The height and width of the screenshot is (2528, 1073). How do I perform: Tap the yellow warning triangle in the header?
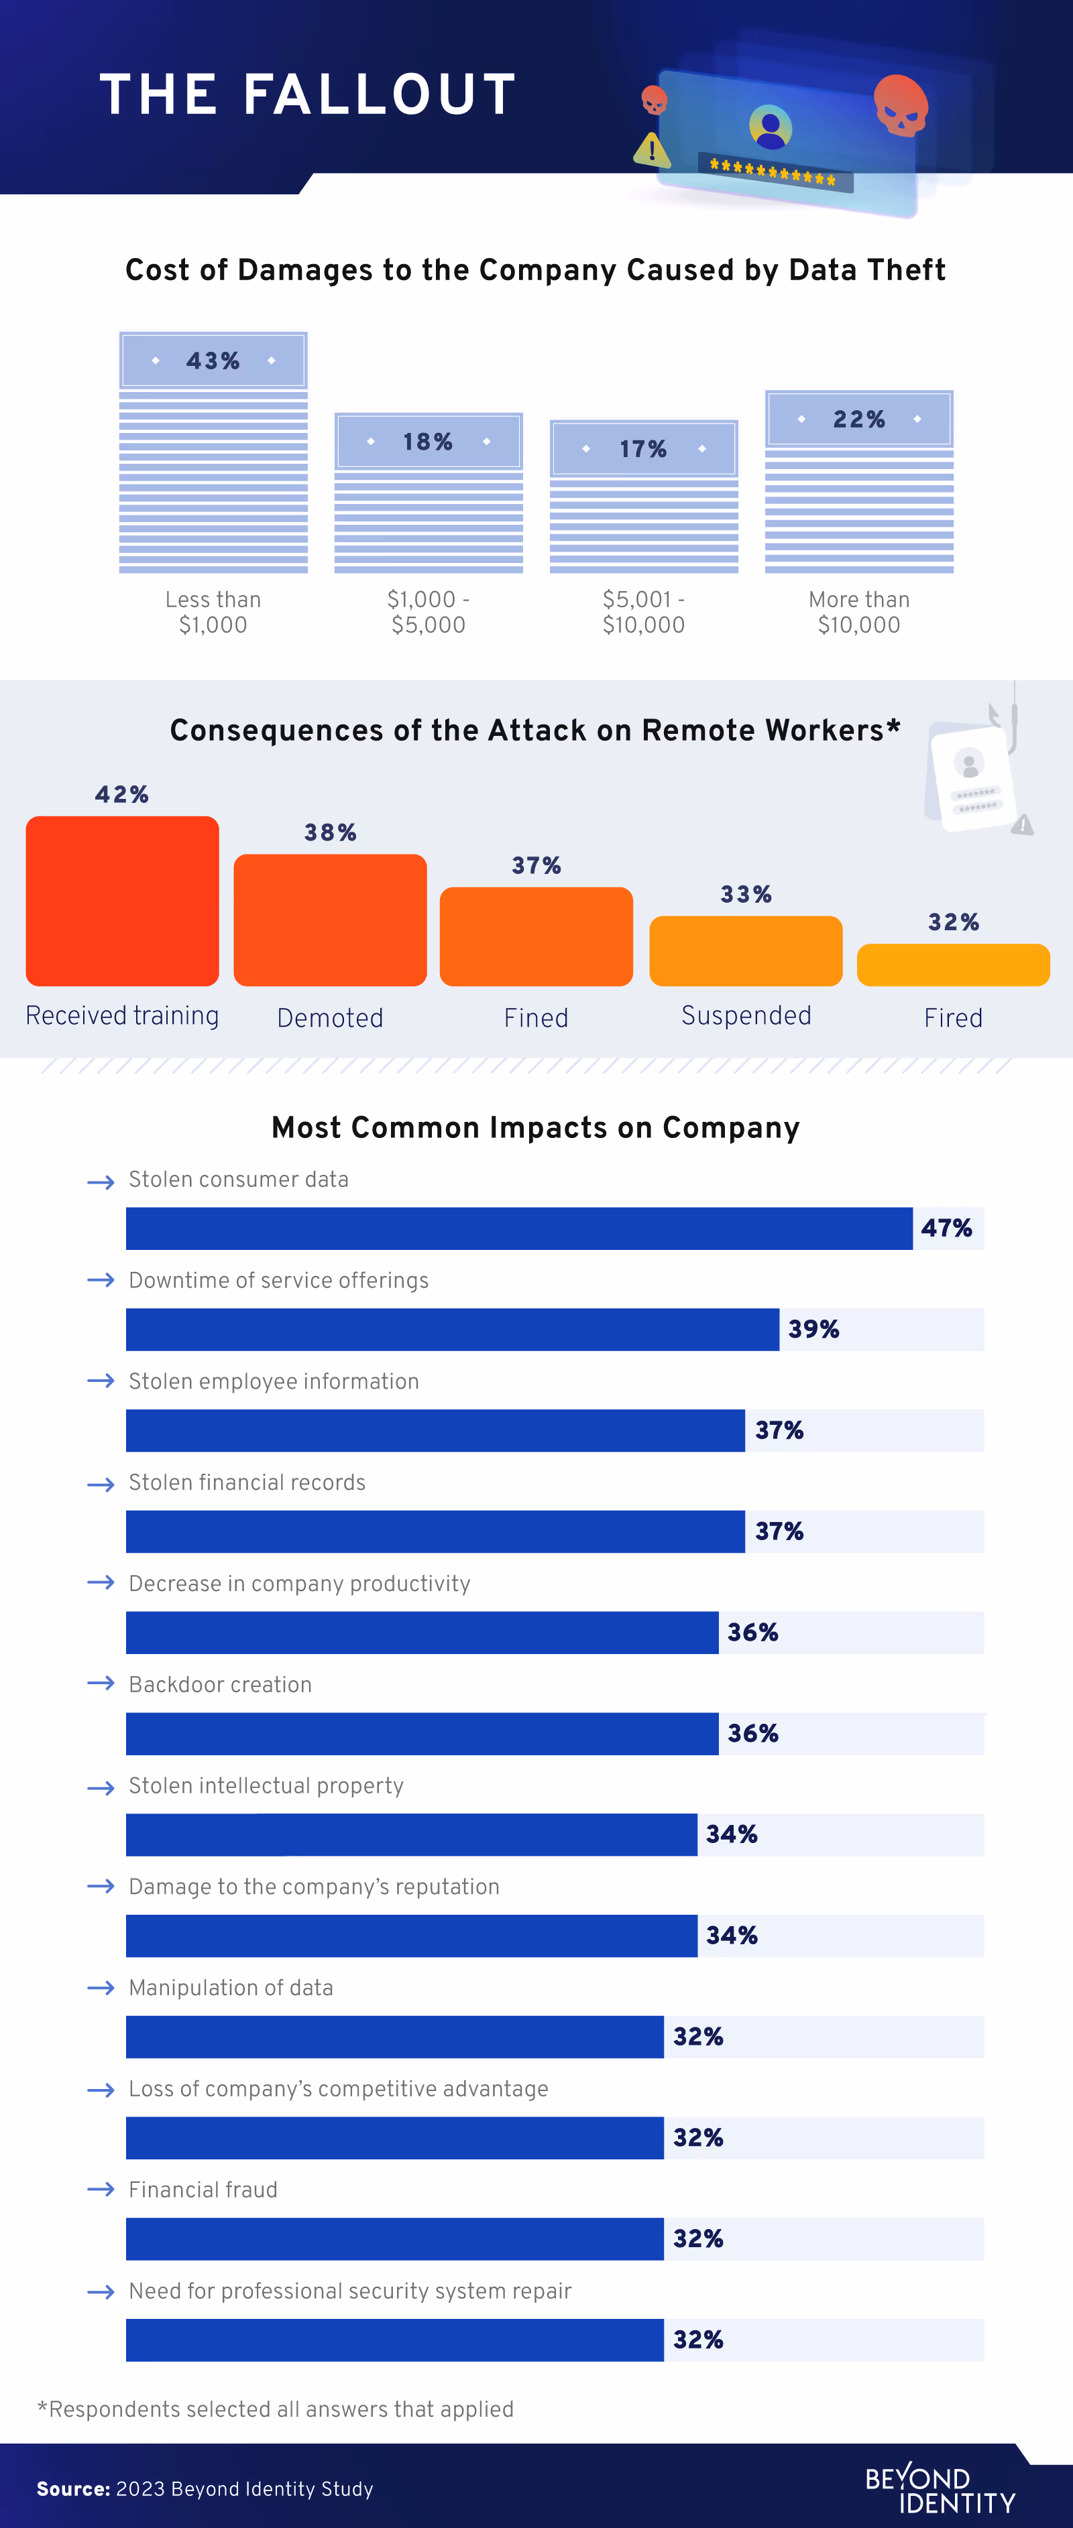point(652,150)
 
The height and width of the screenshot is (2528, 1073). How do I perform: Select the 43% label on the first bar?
point(213,360)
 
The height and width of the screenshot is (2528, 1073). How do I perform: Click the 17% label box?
point(643,448)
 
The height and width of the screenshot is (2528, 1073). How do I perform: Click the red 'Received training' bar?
point(122,900)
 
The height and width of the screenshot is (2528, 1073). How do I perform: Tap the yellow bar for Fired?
point(952,964)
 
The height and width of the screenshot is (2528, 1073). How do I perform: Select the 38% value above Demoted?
point(330,832)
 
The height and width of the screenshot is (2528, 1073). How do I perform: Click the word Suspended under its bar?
point(746,1016)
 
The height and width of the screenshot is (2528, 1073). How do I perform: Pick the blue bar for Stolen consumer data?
point(518,1228)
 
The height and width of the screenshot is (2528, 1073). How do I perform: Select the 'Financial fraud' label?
point(203,2190)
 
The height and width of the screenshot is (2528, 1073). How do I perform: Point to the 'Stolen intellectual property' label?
point(266,1785)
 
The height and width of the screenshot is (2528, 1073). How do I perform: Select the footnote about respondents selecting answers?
point(275,2409)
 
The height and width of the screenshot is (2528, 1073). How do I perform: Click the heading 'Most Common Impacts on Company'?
point(535,1127)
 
